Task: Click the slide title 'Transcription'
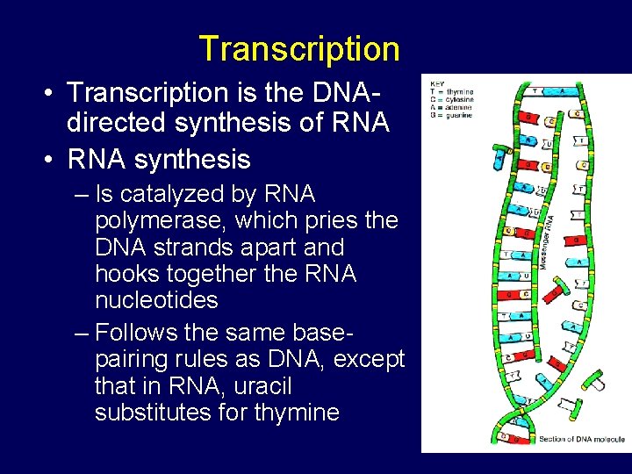coord(298,48)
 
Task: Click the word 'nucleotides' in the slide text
coord(156,300)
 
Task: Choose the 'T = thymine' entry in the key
coord(450,91)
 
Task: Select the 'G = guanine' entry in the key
coord(450,114)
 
